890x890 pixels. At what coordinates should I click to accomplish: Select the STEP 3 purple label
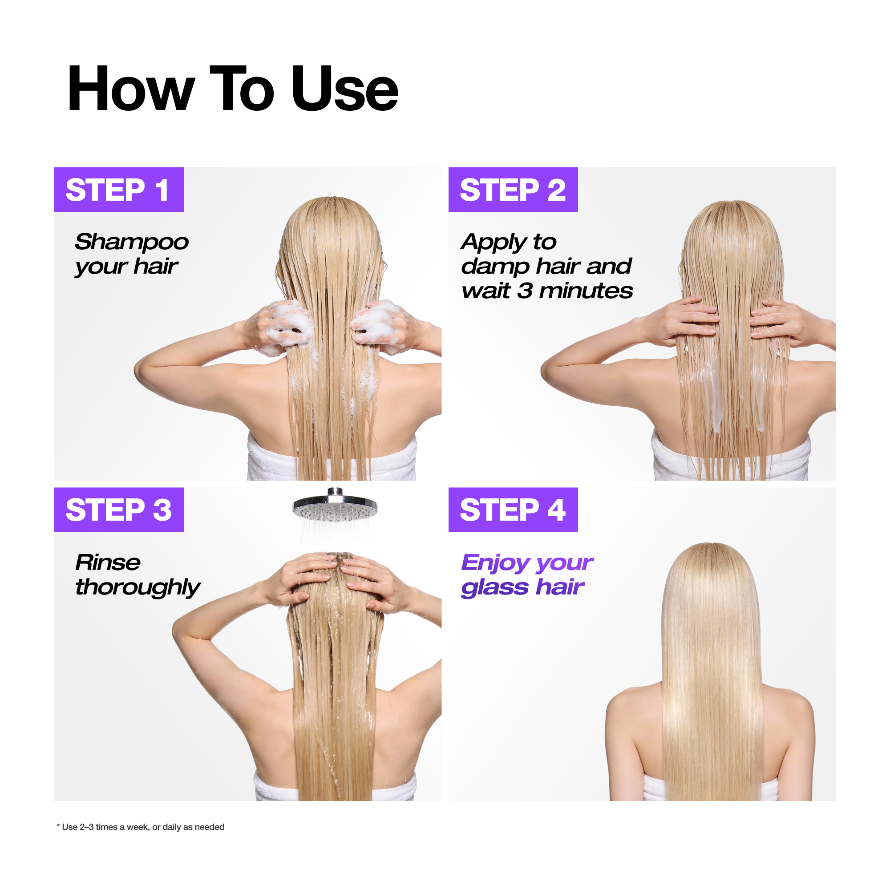[x=119, y=510]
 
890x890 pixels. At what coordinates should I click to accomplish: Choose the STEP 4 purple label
[x=513, y=510]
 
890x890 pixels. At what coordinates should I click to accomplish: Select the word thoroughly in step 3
[x=137, y=588]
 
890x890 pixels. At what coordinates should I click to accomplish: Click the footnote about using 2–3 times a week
[x=141, y=827]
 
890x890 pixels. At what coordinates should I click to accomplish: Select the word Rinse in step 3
[x=108, y=562]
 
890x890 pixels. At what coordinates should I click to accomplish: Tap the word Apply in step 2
[x=494, y=243]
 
